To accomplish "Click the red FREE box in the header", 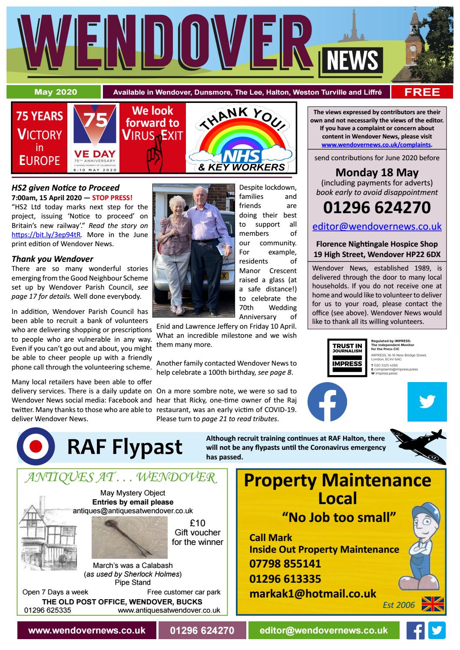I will coord(422,92).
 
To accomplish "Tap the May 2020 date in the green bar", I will coord(56,92).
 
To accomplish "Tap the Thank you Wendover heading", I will coord(53,259).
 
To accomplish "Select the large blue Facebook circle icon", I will coord(327,402).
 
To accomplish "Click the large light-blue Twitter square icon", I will coord(427,402).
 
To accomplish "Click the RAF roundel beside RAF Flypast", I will coord(36,447).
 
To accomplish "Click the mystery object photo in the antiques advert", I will coord(129,538).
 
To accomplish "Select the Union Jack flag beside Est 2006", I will coord(433,604).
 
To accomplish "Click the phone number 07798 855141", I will coord(285,564).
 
